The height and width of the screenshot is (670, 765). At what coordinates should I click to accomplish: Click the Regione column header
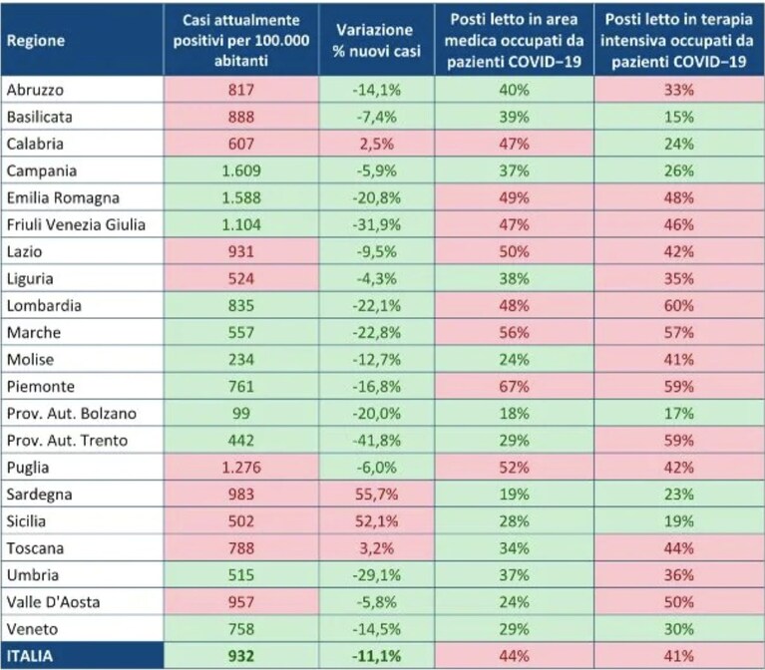click(36, 41)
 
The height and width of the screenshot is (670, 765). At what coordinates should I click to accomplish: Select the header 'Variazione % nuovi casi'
click(376, 41)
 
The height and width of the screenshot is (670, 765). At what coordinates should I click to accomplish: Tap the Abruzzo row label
click(35, 90)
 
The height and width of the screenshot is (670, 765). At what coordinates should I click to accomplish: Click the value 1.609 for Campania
click(241, 170)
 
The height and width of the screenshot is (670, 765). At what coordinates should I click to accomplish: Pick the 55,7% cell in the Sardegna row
click(376, 495)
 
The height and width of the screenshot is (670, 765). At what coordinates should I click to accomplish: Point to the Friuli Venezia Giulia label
click(76, 224)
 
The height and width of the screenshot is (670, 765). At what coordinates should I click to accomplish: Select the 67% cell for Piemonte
click(514, 387)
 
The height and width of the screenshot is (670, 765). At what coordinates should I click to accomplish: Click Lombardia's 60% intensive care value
click(678, 306)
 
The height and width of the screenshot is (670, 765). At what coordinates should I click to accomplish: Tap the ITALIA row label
click(30, 656)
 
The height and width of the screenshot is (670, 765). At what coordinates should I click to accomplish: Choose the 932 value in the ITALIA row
click(241, 656)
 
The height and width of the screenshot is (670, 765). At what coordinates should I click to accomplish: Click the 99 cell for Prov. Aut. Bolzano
click(241, 414)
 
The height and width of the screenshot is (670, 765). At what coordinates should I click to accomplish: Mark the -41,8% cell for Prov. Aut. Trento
click(376, 441)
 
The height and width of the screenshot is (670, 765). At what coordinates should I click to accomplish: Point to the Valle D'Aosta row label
click(53, 602)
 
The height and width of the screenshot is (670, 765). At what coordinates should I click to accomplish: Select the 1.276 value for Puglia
click(241, 468)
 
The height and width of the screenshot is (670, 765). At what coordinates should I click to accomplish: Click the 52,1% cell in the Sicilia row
click(376, 521)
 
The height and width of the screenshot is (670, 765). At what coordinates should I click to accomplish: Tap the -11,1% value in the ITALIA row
click(376, 656)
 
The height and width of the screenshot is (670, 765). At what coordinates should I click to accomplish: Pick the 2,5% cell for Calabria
click(376, 144)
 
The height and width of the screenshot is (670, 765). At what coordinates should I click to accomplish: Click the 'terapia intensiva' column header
click(678, 41)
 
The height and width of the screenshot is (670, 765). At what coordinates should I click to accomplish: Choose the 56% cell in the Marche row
click(514, 333)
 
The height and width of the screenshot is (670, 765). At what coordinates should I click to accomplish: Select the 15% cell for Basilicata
click(678, 117)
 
